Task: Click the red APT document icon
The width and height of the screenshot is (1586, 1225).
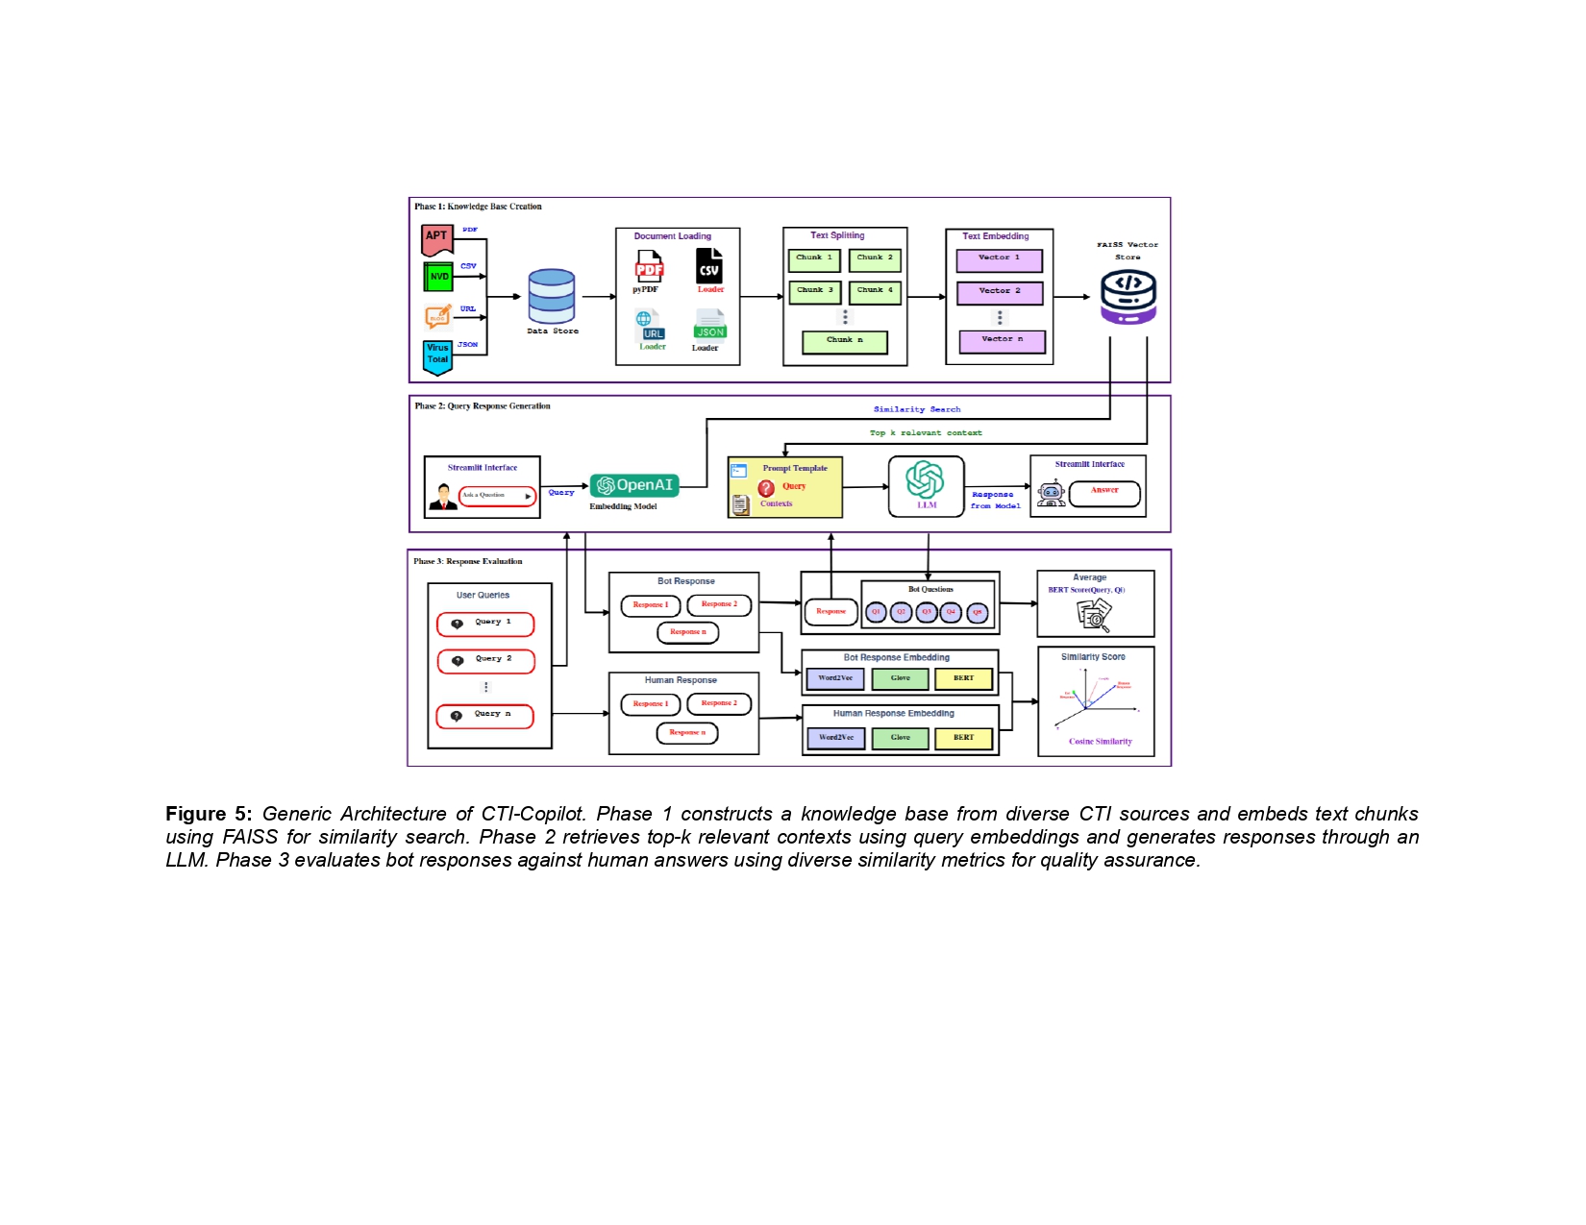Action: pyautogui.click(x=437, y=238)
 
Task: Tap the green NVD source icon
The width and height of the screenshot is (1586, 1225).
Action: pyautogui.click(x=438, y=277)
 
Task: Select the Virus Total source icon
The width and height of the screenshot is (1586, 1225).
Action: pyautogui.click(x=437, y=355)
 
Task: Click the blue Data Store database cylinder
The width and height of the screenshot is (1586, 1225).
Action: pyautogui.click(x=552, y=296)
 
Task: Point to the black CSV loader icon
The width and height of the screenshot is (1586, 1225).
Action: pyautogui.click(x=709, y=266)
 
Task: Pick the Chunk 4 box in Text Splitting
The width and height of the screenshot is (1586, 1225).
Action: pyautogui.click(x=875, y=290)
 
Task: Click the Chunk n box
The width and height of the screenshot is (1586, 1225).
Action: pyautogui.click(x=845, y=341)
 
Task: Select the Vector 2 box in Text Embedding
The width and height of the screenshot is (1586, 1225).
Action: pyautogui.click(x=1000, y=292)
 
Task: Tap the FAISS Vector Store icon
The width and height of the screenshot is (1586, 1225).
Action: pyautogui.click(x=1128, y=296)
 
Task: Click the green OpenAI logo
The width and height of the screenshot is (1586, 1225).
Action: pyautogui.click(x=634, y=486)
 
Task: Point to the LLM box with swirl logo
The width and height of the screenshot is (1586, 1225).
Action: pyautogui.click(x=926, y=486)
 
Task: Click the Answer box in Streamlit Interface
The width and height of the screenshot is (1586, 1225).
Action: pyautogui.click(x=1104, y=493)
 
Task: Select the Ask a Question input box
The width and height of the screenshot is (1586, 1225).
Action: pyautogui.click(x=497, y=496)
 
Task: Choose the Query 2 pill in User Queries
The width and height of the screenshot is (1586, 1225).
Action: pyautogui.click(x=486, y=661)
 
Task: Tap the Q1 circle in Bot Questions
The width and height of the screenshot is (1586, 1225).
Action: pyautogui.click(x=876, y=612)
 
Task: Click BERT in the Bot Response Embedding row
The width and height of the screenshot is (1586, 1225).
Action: pyautogui.click(x=963, y=679)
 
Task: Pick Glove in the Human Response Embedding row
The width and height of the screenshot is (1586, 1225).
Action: pyautogui.click(x=900, y=739)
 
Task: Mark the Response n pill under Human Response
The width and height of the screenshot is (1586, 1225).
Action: pyautogui.click(x=687, y=733)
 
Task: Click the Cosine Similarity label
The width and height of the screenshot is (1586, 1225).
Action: pyautogui.click(x=1100, y=742)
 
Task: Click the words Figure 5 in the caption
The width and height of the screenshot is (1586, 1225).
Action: pyautogui.click(x=209, y=814)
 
